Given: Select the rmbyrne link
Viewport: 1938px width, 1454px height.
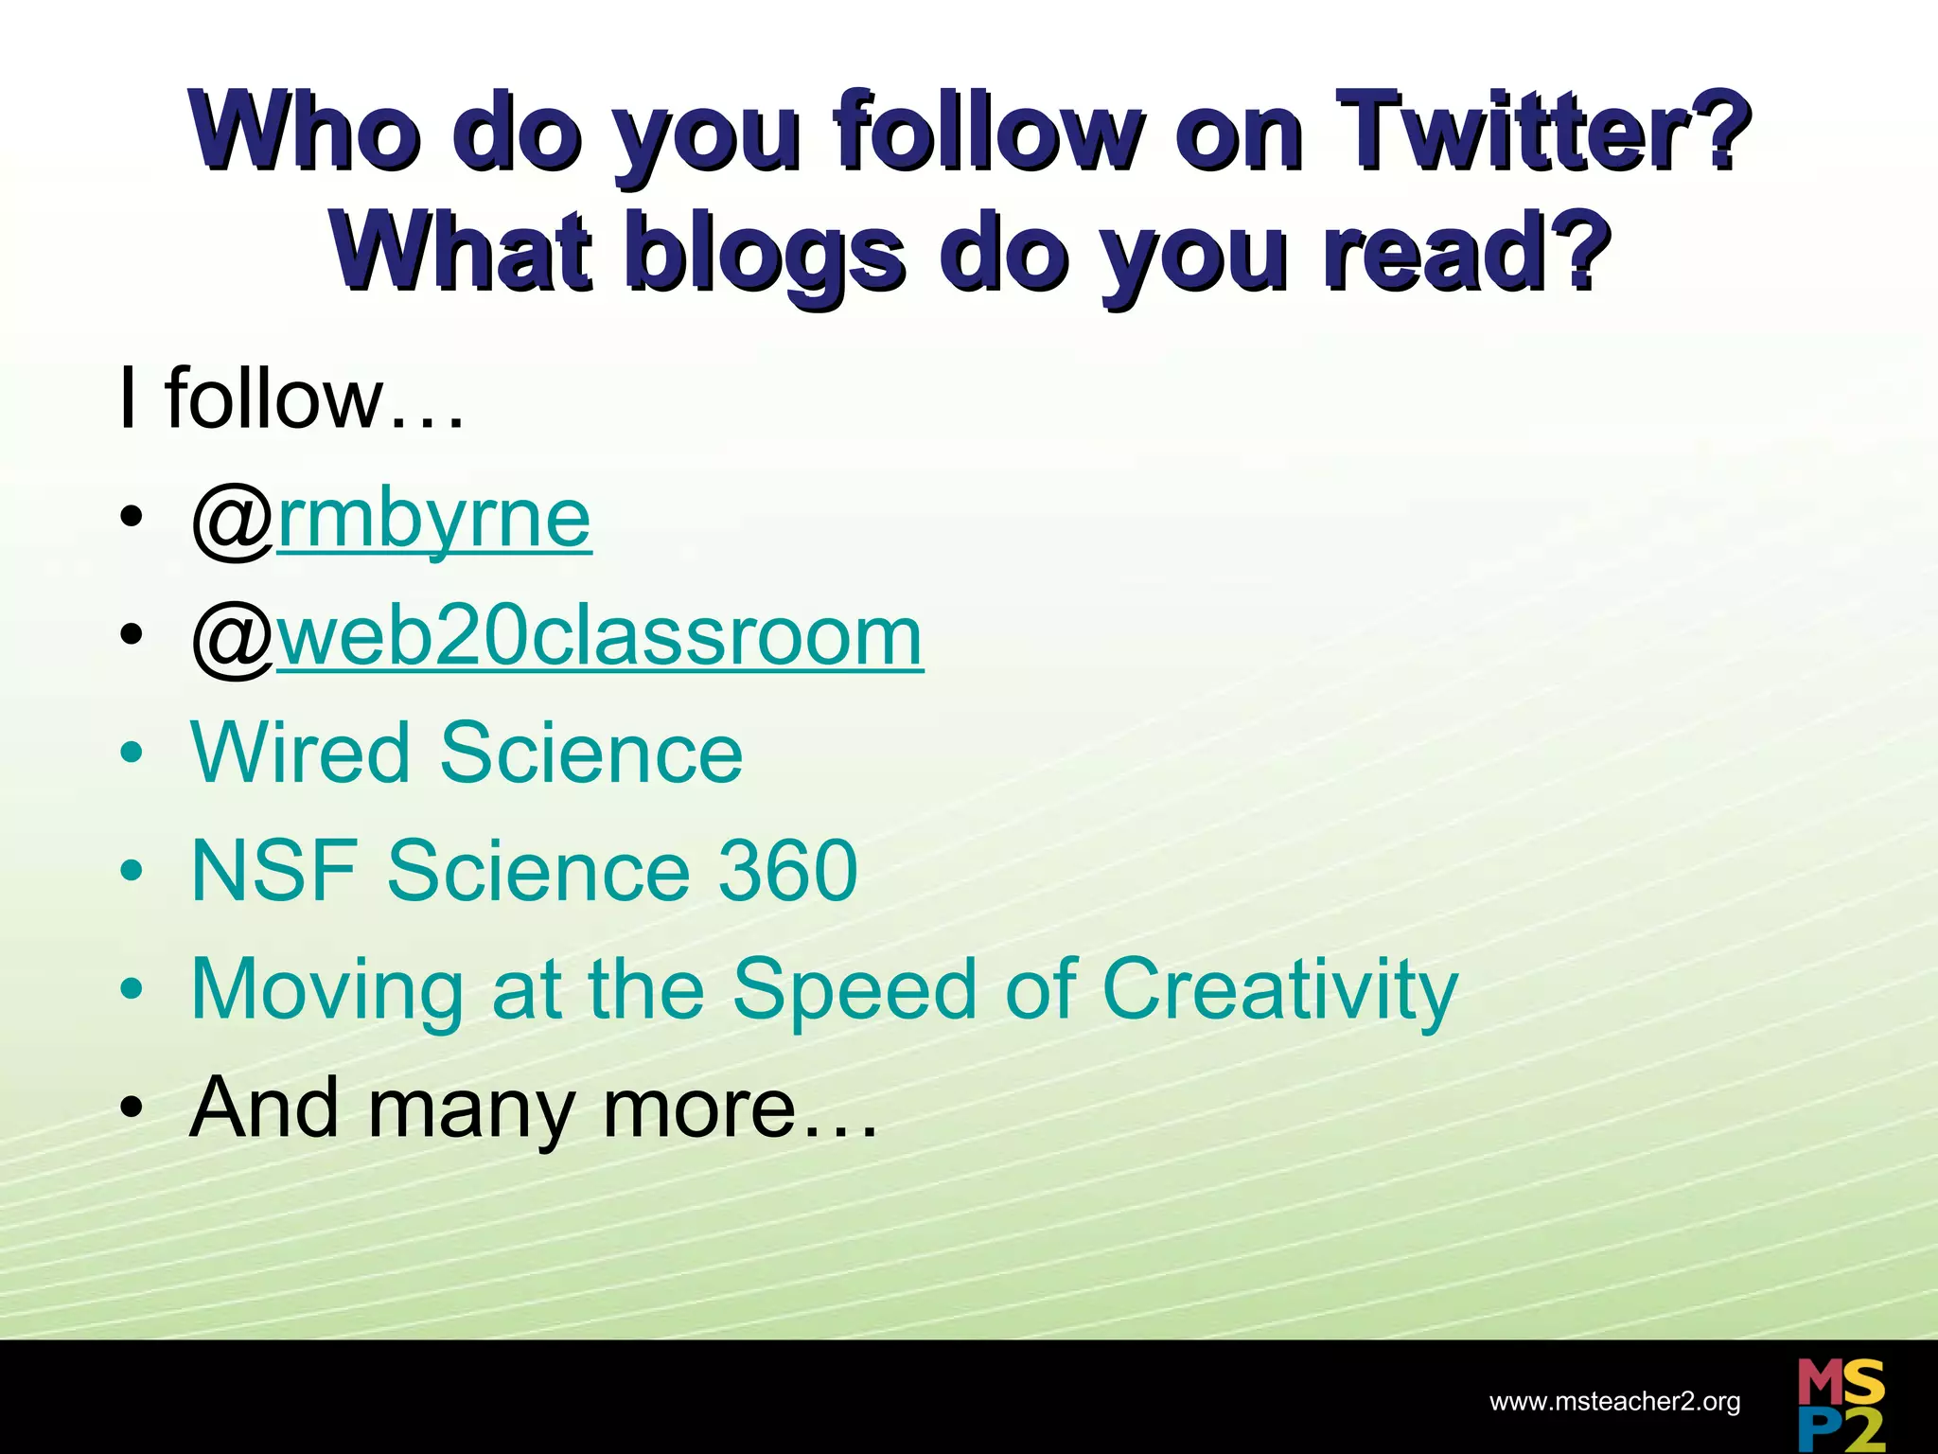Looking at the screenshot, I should (434, 520).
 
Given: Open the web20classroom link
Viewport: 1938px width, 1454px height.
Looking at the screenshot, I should (600, 637).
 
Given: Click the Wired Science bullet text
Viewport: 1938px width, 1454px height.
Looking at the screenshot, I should (467, 754).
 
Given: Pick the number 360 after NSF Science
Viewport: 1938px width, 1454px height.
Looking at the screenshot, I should (787, 871).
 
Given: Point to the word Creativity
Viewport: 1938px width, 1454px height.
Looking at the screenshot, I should (1279, 990).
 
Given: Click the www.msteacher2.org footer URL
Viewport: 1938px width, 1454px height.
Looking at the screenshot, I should (1614, 1402).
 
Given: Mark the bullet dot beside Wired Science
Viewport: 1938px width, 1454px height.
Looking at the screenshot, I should (132, 754).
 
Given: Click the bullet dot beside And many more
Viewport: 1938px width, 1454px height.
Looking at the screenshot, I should (132, 1107).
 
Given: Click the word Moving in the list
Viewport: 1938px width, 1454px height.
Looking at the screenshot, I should (326, 990).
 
